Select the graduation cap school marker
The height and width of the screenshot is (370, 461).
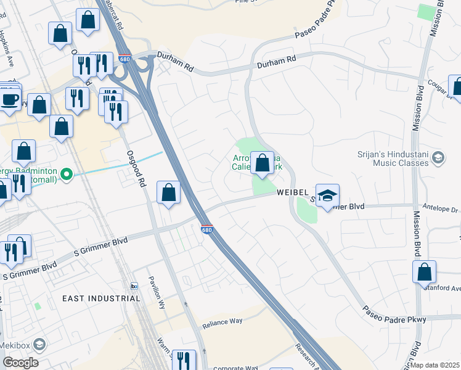point(328,196)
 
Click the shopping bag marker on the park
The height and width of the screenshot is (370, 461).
point(262,164)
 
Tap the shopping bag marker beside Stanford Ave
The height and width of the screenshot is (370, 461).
point(425,273)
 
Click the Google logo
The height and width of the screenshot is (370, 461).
point(20,363)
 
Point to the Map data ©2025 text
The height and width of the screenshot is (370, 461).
point(434,365)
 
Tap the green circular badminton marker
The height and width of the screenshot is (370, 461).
point(67,175)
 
